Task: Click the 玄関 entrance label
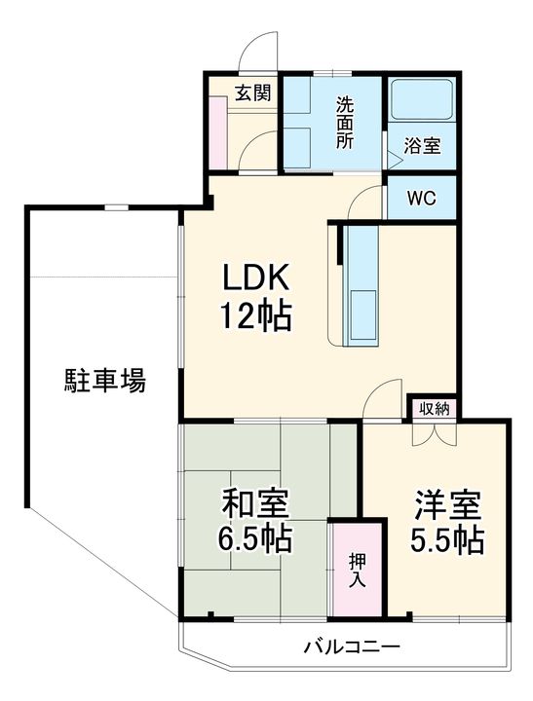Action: [x=252, y=93]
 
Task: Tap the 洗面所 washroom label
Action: [x=345, y=123]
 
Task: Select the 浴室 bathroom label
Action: [x=422, y=146]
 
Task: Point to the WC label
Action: [x=421, y=197]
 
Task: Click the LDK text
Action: [x=255, y=278]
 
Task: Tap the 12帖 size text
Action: [x=255, y=315]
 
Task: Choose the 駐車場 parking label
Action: [x=105, y=381]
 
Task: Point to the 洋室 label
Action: [x=447, y=505]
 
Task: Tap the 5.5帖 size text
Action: [x=447, y=540]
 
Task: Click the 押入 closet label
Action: [x=358, y=570]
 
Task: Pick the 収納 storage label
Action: [x=434, y=408]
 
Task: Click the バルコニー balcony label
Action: [x=352, y=646]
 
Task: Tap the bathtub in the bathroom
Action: [x=421, y=99]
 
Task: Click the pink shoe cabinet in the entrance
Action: [x=219, y=132]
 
